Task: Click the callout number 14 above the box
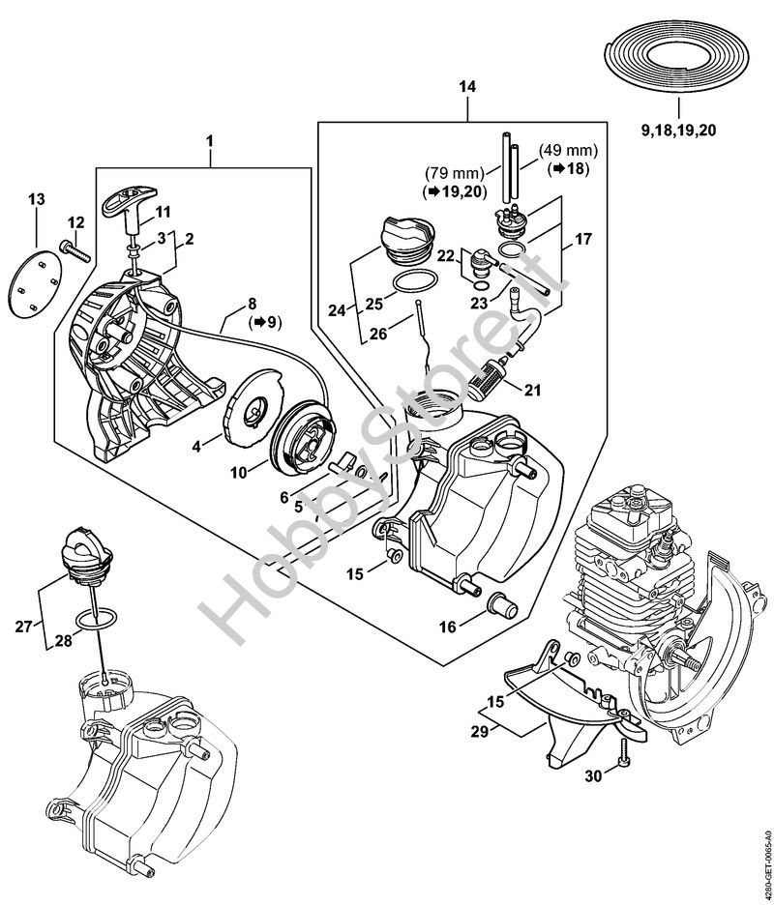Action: pos(467,88)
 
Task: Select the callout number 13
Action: pos(36,199)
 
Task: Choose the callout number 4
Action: pos(196,448)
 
